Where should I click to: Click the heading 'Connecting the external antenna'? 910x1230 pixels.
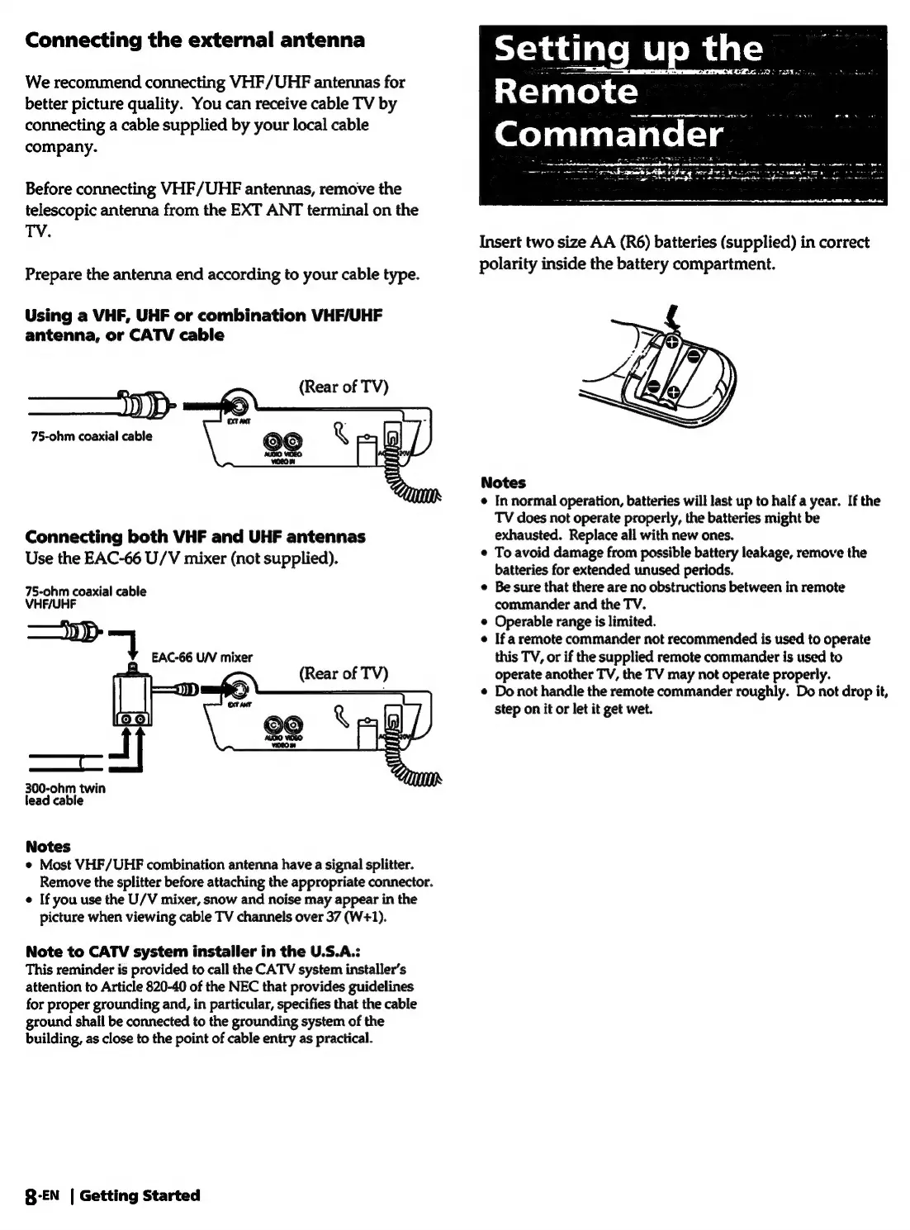pyautogui.click(x=195, y=40)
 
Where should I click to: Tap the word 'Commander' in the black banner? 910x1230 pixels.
pyautogui.click(x=609, y=135)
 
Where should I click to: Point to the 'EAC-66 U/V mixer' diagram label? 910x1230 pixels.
pyautogui.click(x=202, y=658)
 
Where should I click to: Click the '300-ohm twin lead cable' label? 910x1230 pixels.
pyautogui.click(x=65, y=795)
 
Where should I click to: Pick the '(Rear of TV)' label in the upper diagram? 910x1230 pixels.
pyautogui.click(x=344, y=387)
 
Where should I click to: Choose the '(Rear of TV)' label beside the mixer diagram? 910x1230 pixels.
pyautogui.click(x=344, y=673)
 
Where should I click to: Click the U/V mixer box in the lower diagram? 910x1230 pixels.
pyautogui.click(x=132, y=700)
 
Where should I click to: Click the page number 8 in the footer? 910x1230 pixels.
pyautogui.click(x=31, y=1196)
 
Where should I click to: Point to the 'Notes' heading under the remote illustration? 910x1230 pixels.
pyautogui.click(x=503, y=482)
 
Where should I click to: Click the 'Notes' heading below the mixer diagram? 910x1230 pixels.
pyautogui.click(x=48, y=846)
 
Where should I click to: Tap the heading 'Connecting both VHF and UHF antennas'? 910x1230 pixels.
pyautogui.click(x=195, y=536)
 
